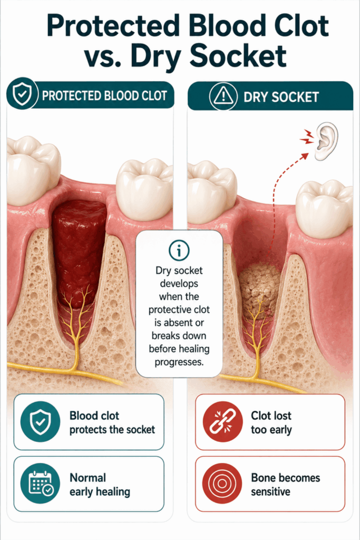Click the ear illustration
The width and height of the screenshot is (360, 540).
tap(326, 141)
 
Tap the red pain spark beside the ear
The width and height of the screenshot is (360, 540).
tap(307, 137)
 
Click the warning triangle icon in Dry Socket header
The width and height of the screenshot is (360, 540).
tap(223, 96)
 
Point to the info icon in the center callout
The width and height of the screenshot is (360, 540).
tap(179, 250)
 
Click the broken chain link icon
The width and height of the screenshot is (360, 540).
tap(222, 421)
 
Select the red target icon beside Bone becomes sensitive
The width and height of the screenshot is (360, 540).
tap(222, 484)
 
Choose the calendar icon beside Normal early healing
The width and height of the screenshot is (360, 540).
tap(41, 484)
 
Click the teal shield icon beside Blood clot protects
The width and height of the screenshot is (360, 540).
tap(41, 421)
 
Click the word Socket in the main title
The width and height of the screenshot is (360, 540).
tap(238, 56)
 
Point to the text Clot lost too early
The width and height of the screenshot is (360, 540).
tap(271, 422)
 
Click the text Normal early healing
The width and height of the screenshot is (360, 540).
tap(100, 485)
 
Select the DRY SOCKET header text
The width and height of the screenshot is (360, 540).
tap(281, 97)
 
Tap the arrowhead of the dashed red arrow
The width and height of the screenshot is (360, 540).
tap(304, 156)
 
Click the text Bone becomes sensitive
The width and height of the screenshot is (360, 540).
tap(285, 485)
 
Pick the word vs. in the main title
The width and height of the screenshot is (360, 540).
tap(105, 56)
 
